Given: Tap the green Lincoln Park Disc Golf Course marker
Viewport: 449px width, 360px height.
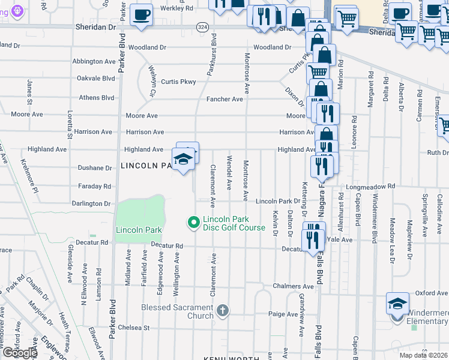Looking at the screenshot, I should coord(193,223).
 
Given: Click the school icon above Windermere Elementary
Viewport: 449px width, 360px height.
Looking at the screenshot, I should coord(397,303).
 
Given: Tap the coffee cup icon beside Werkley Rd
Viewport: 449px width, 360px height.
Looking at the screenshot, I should coord(142,14).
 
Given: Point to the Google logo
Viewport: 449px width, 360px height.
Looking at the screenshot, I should coord(19,353).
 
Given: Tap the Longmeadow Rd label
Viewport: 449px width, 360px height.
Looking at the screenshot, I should coord(367,187).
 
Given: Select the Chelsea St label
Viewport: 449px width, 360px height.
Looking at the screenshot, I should coord(133,328).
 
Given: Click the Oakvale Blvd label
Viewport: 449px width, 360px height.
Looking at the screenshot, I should coord(95,78).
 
